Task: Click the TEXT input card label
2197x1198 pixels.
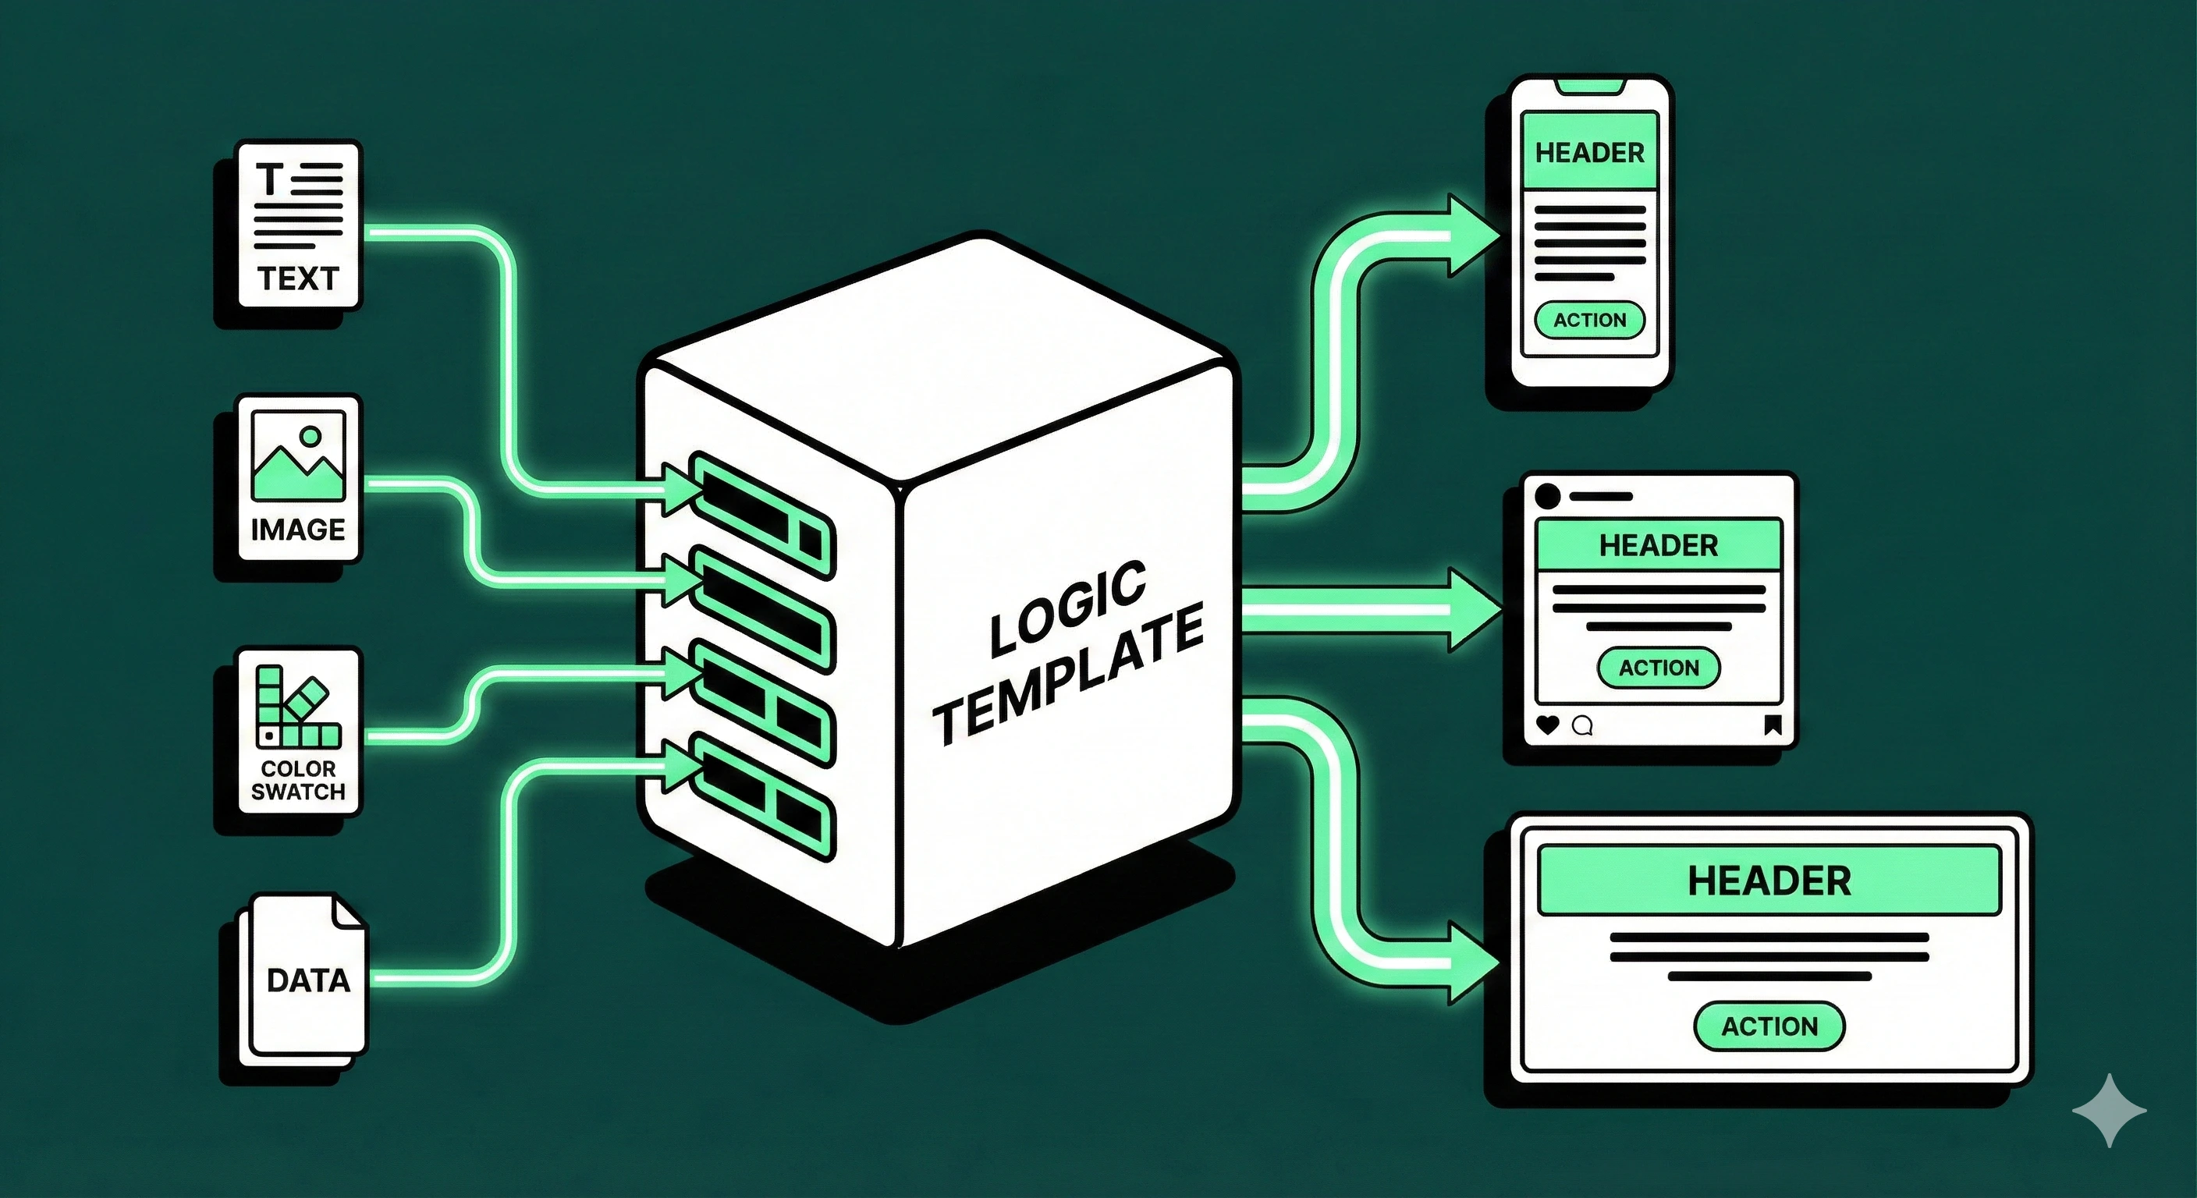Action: [299, 278]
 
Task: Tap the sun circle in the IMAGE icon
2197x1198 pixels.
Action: [311, 437]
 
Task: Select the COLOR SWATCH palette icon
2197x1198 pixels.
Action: [298, 707]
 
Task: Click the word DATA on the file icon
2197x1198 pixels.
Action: [308, 980]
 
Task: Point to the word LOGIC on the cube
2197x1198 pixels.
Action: [1068, 609]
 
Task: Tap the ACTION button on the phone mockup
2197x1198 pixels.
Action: [1589, 320]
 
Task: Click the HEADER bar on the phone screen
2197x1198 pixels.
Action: [1589, 153]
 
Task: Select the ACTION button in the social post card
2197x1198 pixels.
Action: [1658, 668]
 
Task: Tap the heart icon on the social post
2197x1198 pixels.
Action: [1547, 725]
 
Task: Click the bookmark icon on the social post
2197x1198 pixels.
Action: [1773, 725]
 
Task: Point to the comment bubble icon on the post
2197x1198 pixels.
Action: [1582, 725]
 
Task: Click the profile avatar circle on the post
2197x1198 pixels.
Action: [1547, 495]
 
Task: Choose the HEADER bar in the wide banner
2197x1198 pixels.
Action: [1769, 880]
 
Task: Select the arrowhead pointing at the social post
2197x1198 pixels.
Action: [1474, 611]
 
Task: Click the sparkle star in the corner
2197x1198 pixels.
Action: [2109, 1109]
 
